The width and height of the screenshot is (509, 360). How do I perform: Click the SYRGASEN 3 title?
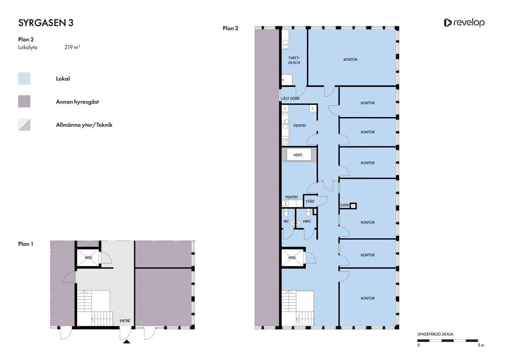click(45, 23)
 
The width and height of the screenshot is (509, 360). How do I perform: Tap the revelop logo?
click(464, 23)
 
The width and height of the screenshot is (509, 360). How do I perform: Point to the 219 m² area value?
click(72, 47)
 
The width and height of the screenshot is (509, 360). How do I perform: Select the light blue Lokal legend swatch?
click(24, 78)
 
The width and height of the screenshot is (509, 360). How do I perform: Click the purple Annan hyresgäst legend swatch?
click(24, 101)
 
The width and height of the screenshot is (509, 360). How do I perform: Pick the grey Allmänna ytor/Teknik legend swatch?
click(24, 125)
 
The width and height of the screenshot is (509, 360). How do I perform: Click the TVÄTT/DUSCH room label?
click(294, 60)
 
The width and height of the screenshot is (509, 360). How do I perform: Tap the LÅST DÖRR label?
click(290, 98)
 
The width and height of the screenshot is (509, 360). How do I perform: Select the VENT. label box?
click(299, 155)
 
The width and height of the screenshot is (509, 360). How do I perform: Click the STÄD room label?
click(310, 201)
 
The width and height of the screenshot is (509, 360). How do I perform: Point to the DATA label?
click(345, 205)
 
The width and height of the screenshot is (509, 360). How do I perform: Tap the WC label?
click(286, 222)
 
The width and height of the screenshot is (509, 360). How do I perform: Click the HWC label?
click(307, 222)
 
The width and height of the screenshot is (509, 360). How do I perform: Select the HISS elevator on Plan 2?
click(292, 257)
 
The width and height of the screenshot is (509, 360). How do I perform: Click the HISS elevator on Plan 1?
click(88, 257)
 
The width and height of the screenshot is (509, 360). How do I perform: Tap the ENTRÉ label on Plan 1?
click(125, 321)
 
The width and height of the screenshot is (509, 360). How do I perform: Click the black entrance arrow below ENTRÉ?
click(126, 341)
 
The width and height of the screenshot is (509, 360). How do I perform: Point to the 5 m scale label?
click(481, 345)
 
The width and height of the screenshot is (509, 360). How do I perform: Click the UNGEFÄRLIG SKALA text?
click(435, 334)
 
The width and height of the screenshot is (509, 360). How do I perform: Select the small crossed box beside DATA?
click(353, 206)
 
